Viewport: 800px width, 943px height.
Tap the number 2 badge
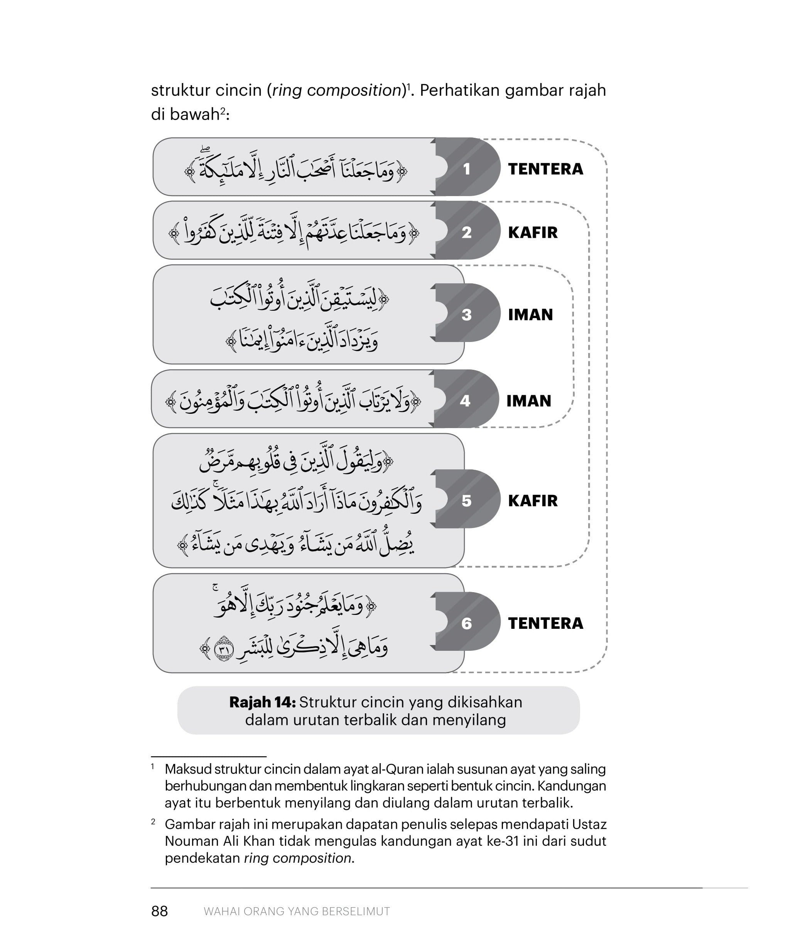coord(466,232)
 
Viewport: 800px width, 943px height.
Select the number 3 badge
coord(466,315)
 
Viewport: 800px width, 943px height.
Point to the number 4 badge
coord(465,401)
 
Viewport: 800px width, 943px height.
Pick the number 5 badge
coord(466,501)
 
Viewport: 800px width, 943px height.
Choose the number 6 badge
coord(466,623)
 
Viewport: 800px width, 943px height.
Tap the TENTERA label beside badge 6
coord(545,623)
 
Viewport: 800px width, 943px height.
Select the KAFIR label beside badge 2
coord(532,232)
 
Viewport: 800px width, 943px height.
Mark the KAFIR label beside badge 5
coord(532,501)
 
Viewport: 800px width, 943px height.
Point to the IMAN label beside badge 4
coord(528,401)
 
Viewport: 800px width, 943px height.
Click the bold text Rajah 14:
coord(262,702)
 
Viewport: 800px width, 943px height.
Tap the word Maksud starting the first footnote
coord(187,769)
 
